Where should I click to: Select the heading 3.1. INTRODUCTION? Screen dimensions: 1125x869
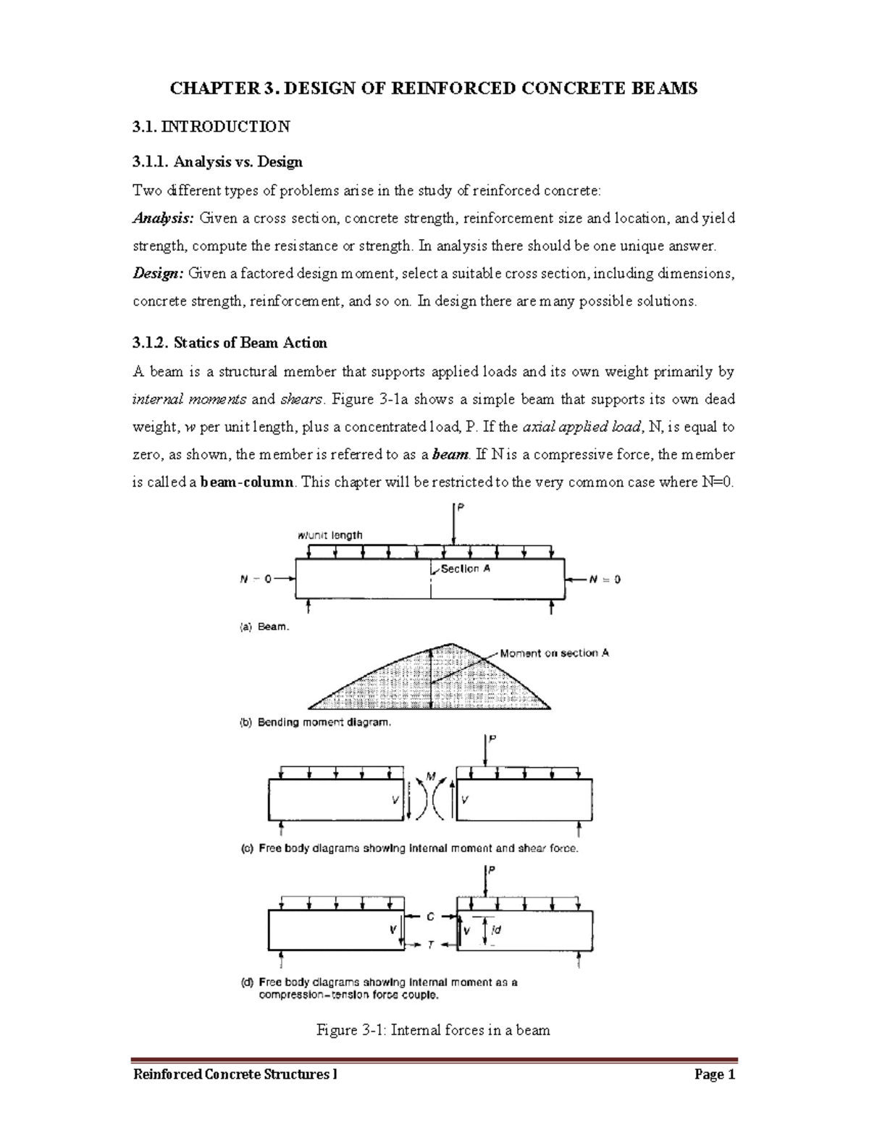(211, 127)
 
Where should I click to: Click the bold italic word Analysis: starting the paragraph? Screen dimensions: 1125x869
(163, 218)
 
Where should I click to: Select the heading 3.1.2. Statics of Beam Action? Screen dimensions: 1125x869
(230, 343)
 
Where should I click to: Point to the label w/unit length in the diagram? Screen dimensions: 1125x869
(329, 535)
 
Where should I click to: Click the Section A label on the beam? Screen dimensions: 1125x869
(465, 569)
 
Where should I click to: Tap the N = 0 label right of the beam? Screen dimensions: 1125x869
(604, 580)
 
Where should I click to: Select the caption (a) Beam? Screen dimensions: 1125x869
(264, 627)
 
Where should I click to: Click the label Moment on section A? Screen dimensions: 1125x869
(554, 653)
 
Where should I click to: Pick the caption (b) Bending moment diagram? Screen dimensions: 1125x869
(315, 722)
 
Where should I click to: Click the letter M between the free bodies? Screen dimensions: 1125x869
(431, 777)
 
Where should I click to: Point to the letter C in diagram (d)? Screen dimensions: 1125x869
(430, 916)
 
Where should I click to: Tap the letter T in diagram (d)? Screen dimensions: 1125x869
(431, 945)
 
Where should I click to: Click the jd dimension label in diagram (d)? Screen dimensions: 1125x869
(496, 929)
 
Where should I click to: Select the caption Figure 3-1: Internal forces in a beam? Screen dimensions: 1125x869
(433, 1029)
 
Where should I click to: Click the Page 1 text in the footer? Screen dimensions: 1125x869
(714, 1075)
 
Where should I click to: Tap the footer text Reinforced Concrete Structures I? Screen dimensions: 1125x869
(235, 1075)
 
